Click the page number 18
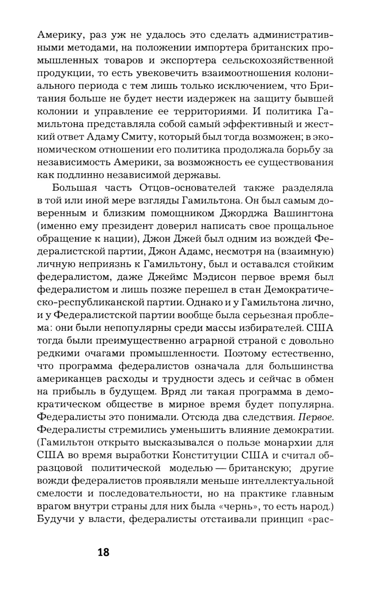(103, 552)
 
